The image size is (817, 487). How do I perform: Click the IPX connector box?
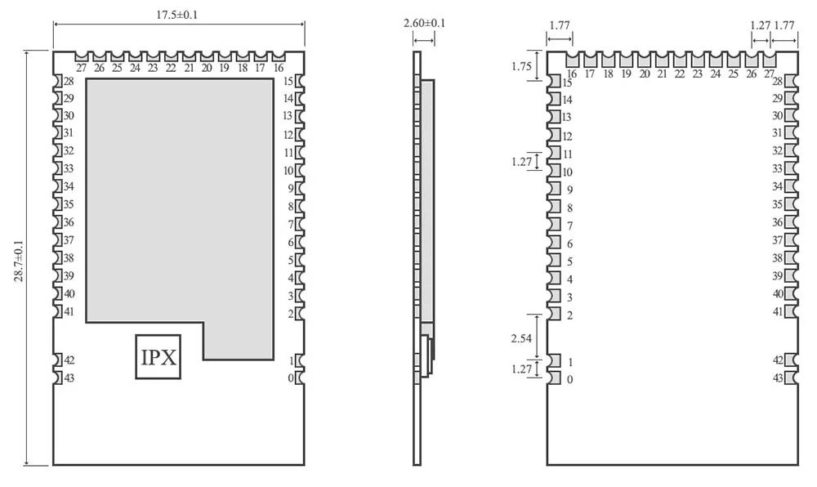tap(159, 357)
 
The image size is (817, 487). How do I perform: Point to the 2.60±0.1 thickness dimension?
tap(425, 23)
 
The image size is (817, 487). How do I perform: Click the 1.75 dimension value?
tap(521, 67)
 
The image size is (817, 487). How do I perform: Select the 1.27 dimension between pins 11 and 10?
tap(521, 161)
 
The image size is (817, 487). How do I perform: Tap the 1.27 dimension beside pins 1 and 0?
tap(521, 369)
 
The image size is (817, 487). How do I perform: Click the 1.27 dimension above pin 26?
tap(760, 25)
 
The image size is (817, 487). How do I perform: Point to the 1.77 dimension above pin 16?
tap(560, 25)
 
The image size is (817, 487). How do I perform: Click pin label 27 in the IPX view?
tap(82, 68)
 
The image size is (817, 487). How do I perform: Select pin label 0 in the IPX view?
tap(290, 378)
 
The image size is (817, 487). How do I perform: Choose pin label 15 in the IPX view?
tap(288, 81)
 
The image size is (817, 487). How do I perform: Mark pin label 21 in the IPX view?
tap(189, 68)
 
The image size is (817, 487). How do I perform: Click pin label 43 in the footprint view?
tap(778, 378)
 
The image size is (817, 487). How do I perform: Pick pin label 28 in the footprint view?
tap(778, 81)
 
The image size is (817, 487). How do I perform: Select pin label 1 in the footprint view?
tap(569, 362)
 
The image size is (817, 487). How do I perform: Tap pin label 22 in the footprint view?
tap(680, 74)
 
